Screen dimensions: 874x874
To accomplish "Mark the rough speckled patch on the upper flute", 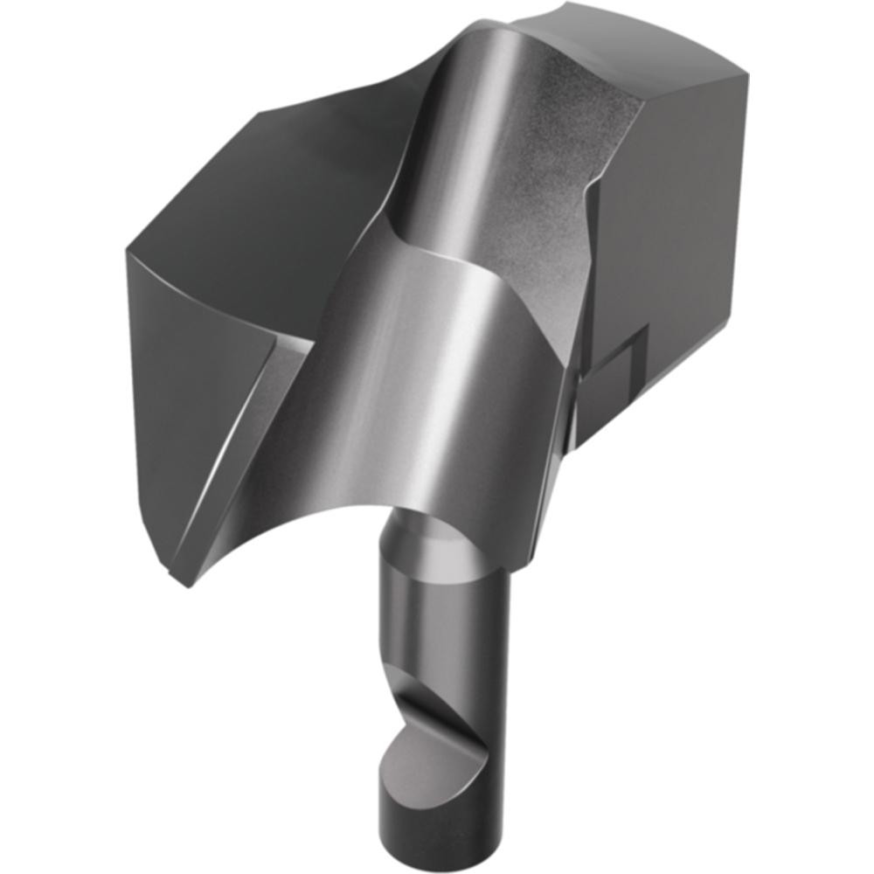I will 559,175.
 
